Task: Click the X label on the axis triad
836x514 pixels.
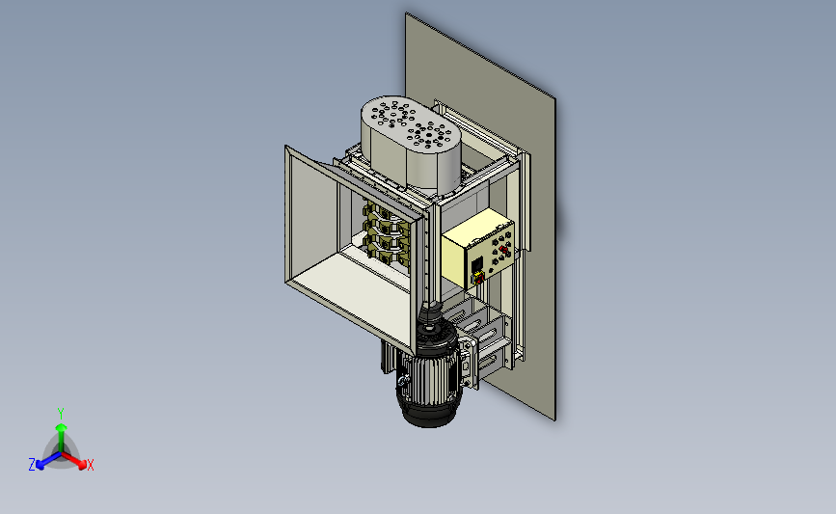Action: (90, 465)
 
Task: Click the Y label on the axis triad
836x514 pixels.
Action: (61, 414)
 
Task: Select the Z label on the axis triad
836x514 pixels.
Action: (32, 465)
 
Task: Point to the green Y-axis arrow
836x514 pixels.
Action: (62, 439)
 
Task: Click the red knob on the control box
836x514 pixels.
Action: (504, 250)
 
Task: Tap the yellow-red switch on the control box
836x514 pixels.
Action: (478, 278)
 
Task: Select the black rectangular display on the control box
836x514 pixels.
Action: (476, 264)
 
